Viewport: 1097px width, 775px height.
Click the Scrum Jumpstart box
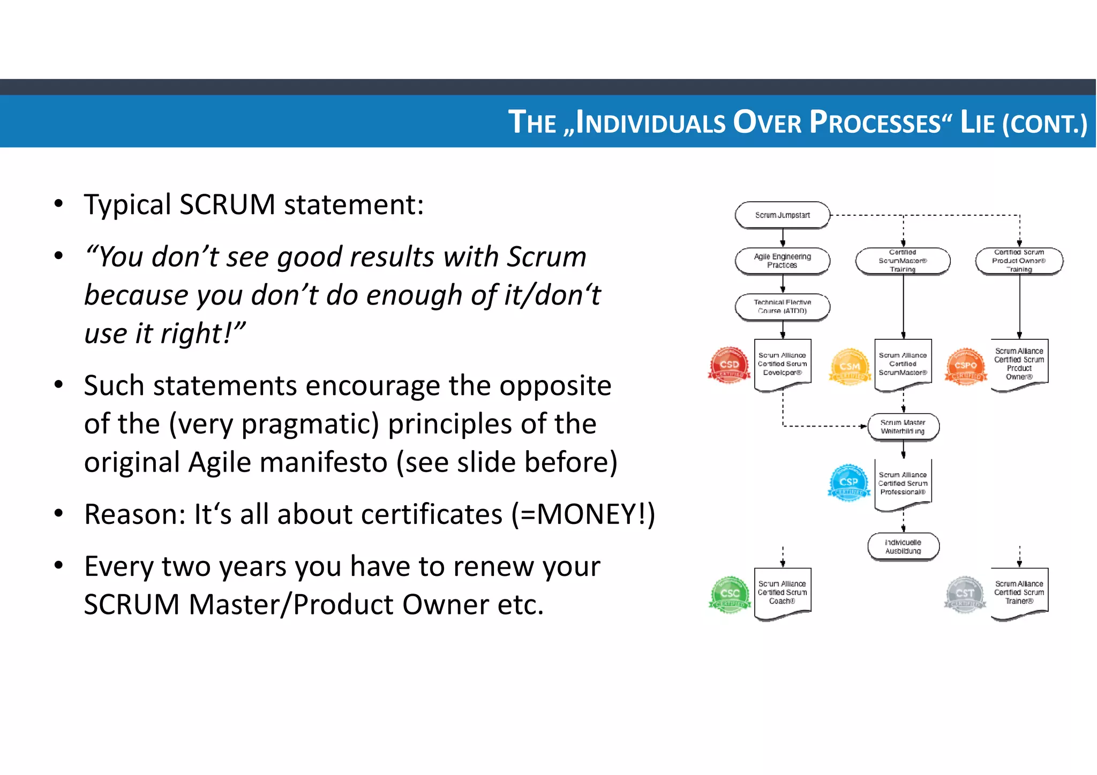pyautogui.click(x=782, y=215)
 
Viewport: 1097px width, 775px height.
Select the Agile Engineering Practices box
pyautogui.click(x=782, y=261)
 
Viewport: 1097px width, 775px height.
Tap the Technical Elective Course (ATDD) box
pyautogui.click(x=782, y=307)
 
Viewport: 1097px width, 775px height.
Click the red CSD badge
pyautogui.click(x=729, y=366)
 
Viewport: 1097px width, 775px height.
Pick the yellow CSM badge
pyautogui.click(x=850, y=367)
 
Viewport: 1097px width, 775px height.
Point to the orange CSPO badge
pyautogui.click(x=966, y=367)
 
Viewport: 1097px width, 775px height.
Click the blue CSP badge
pyautogui.click(x=849, y=482)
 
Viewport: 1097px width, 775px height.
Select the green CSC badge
pyautogui.click(x=730, y=594)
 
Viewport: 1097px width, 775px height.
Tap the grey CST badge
pyautogui.click(x=965, y=594)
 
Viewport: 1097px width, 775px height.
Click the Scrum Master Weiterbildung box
pyautogui.click(x=903, y=427)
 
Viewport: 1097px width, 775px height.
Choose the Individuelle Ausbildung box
pyautogui.click(x=903, y=546)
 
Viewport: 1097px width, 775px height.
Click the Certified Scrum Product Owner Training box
pyautogui.click(x=1019, y=261)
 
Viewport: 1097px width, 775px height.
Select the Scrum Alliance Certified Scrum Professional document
pyautogui.click(x=903, y=483)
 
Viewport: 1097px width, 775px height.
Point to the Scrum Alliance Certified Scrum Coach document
pyautogui.click(x=782, y=592)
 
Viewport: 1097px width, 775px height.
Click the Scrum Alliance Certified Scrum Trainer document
pyautogui.click(x=1019, y=592)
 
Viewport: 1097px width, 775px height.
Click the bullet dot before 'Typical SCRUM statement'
pyautogui.click(x=59, y=204)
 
